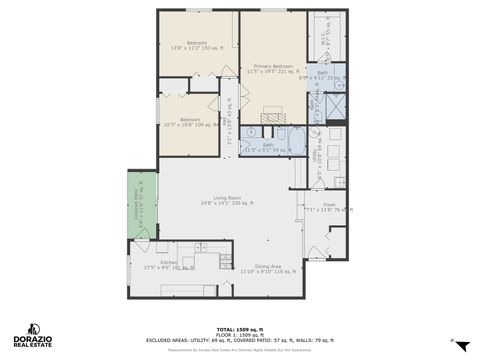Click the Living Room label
tap(227, 200)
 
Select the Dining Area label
tap(268, 268)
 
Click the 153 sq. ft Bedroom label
tap(196, 45)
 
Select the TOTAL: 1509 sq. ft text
tap(240, 328)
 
